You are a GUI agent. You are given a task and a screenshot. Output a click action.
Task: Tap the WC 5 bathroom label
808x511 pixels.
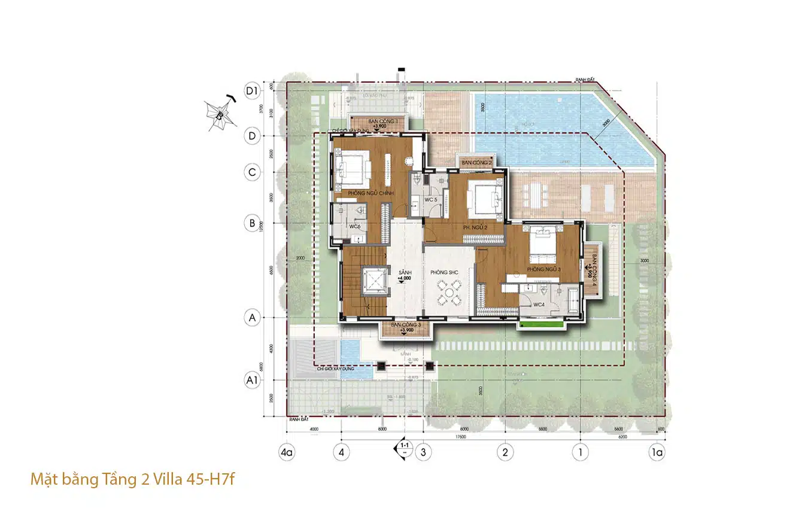coord(432,199)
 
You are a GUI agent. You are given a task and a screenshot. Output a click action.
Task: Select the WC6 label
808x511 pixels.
coord(354,227)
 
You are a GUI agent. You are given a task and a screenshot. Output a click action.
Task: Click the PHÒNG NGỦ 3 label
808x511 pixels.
coord(543,269)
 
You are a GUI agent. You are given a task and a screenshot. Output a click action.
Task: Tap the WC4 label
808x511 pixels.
coord(539,305)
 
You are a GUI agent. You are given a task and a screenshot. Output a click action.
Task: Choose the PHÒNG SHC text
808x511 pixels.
coord(444,272)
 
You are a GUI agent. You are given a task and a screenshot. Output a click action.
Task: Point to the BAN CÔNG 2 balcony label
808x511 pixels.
coord(476,163)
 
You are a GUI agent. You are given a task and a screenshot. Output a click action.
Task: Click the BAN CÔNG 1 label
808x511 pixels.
coord(379,121)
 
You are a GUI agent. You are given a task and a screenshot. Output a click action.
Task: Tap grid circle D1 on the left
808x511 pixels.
coord(252,91)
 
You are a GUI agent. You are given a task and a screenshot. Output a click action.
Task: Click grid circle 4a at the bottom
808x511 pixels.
coord(287,452)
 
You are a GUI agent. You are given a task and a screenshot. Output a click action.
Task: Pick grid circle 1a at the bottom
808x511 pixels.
coord(657,452)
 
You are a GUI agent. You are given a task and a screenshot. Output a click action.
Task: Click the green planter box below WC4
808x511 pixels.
coord(542,325)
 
